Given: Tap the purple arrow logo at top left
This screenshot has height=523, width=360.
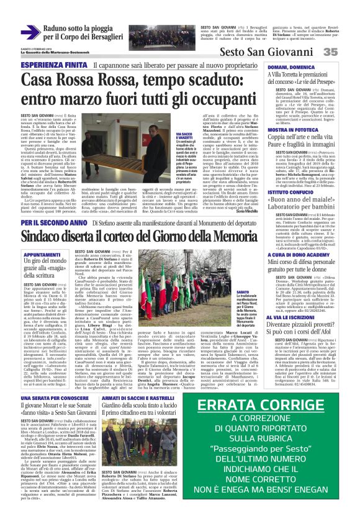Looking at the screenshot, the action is pyautogui.click(x=30, y=30).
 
